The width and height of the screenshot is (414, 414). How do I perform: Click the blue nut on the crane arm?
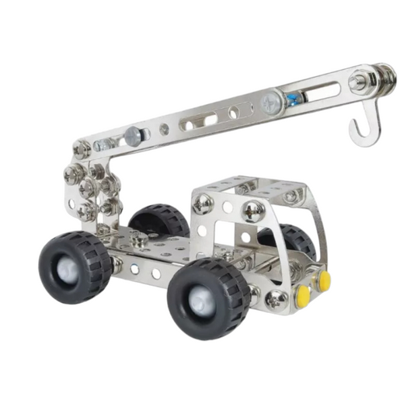[291, 99]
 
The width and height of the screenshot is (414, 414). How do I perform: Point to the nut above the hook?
[358, 82]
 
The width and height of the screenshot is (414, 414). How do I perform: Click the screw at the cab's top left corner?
[203, 204]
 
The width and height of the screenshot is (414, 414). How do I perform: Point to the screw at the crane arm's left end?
[82, 148]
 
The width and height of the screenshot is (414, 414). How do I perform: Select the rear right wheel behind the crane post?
[158, 221]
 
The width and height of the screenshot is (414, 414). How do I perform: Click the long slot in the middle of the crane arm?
[199, 121]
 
